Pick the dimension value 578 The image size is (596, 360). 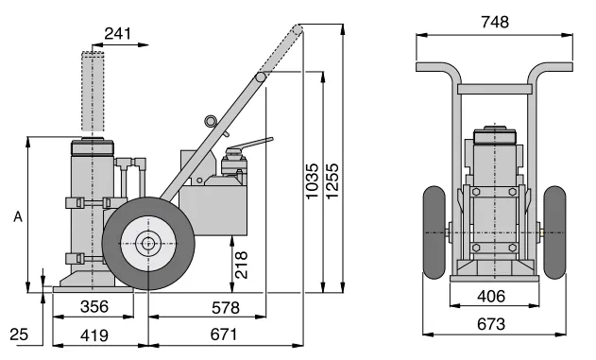tap(225, 307)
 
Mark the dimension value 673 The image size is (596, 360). tap(492, 323)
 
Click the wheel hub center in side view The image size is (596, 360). tap(147, 243)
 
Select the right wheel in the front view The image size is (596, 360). tap(553, 232)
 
